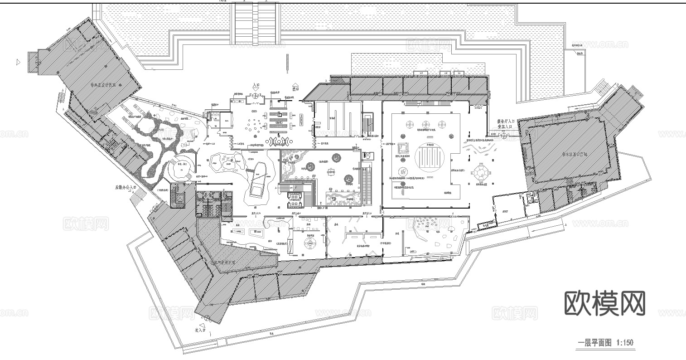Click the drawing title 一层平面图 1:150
pyautogui.click(x=605, y=342)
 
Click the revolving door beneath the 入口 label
pyautogui.click(x=255, y=97)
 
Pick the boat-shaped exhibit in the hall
pyautogui.click(x=256, y=179)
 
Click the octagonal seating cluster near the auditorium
pyautogui.click(x=479, y=172)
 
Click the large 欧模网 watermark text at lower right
pyautogui.click(x=605, y=303)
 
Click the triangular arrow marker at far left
pyautogui.click(x=18, y=62)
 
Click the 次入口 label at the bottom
pyautogui.click(x=200, y=331)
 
